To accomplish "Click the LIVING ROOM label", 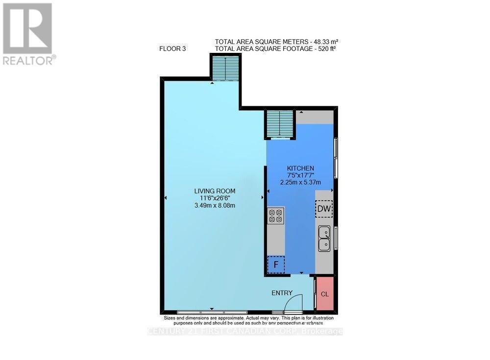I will [x=215, y=191].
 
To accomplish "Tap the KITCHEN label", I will [x=300, y=168].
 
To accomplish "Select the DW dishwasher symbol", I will [x=324, y=209].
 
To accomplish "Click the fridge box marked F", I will [x=276, y=265].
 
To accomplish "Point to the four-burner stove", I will [x=275, y=216].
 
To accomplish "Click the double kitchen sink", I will [x=324, y=238].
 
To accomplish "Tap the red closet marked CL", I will [x=324, y=294].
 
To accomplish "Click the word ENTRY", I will [x=282, y=293].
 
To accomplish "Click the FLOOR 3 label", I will [x=172, y=48].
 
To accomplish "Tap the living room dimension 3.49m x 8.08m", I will [x=215, y=205].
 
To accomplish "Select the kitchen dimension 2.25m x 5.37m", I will [x=300, y=182].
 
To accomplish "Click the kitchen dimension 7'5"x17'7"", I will [x=300, y=175].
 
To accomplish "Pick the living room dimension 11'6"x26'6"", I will [x=215, y=198].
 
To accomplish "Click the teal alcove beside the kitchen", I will [x=280, y=124].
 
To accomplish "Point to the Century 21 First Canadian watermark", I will [x=245, y=332].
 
